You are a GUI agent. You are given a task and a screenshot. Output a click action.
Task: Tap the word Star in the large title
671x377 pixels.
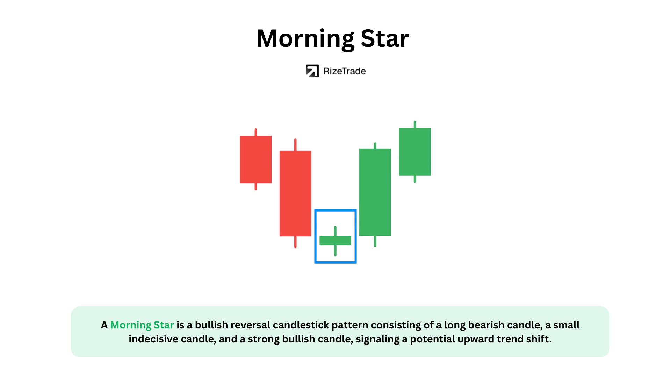[x=385, y=38]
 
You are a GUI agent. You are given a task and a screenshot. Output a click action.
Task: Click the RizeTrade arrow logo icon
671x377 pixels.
[x=312, y=71]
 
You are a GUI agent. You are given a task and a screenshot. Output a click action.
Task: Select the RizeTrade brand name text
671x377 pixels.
[x=344, y=71]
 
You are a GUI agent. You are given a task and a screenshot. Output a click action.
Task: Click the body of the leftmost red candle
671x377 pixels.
[x=256, y=160]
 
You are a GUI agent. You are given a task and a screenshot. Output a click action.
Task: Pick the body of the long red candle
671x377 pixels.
[x=295, y=193]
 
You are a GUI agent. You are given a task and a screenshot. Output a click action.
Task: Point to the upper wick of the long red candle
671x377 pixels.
[x=295, y=145]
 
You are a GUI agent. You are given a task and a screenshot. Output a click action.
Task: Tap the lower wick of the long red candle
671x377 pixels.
[x=295, y=242]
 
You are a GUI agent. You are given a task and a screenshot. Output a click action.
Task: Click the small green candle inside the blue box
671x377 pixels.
[x=335, y=241]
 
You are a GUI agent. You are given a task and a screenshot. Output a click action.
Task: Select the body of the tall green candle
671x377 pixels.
[x=375, y=192]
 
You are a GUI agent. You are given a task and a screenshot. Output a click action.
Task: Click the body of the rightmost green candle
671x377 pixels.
[x=415, y=152]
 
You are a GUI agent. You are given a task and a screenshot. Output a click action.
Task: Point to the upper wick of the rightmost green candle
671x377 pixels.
[x=415, y=125]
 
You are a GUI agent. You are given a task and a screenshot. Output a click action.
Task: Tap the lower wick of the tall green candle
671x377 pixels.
[x=375, y=242]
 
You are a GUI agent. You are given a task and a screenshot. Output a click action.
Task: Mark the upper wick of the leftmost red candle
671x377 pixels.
[x=256, y=132]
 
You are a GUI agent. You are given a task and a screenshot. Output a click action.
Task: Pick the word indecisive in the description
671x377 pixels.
[x=153, y=339]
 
